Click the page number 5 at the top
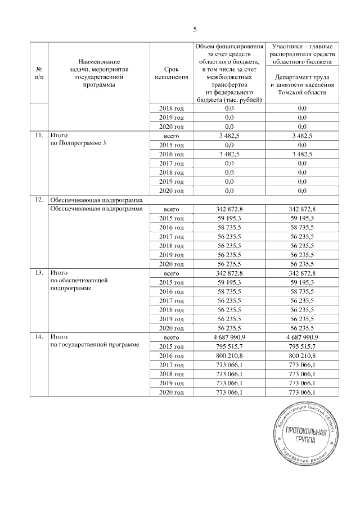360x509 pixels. [x=195, y=29]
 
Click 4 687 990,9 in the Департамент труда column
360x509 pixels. [x=298, y=336]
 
